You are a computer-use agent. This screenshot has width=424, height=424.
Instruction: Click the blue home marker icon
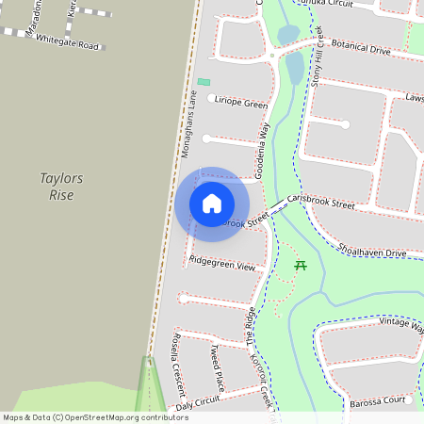(x=212, y=203)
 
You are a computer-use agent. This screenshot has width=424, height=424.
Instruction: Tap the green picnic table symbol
(x=301, y=265)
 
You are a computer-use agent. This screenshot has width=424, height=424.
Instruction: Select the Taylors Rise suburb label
(x=62, y=187)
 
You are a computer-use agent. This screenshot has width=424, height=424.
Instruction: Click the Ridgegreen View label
(x=221, y=265)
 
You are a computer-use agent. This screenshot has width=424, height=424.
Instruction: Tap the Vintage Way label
(x=400, y=323)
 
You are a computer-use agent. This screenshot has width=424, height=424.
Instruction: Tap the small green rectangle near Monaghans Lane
(x=204, y=82)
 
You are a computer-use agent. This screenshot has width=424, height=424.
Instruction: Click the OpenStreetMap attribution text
(x=95, y=416)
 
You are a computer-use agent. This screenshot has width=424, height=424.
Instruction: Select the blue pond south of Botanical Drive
(x=294, y=68)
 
